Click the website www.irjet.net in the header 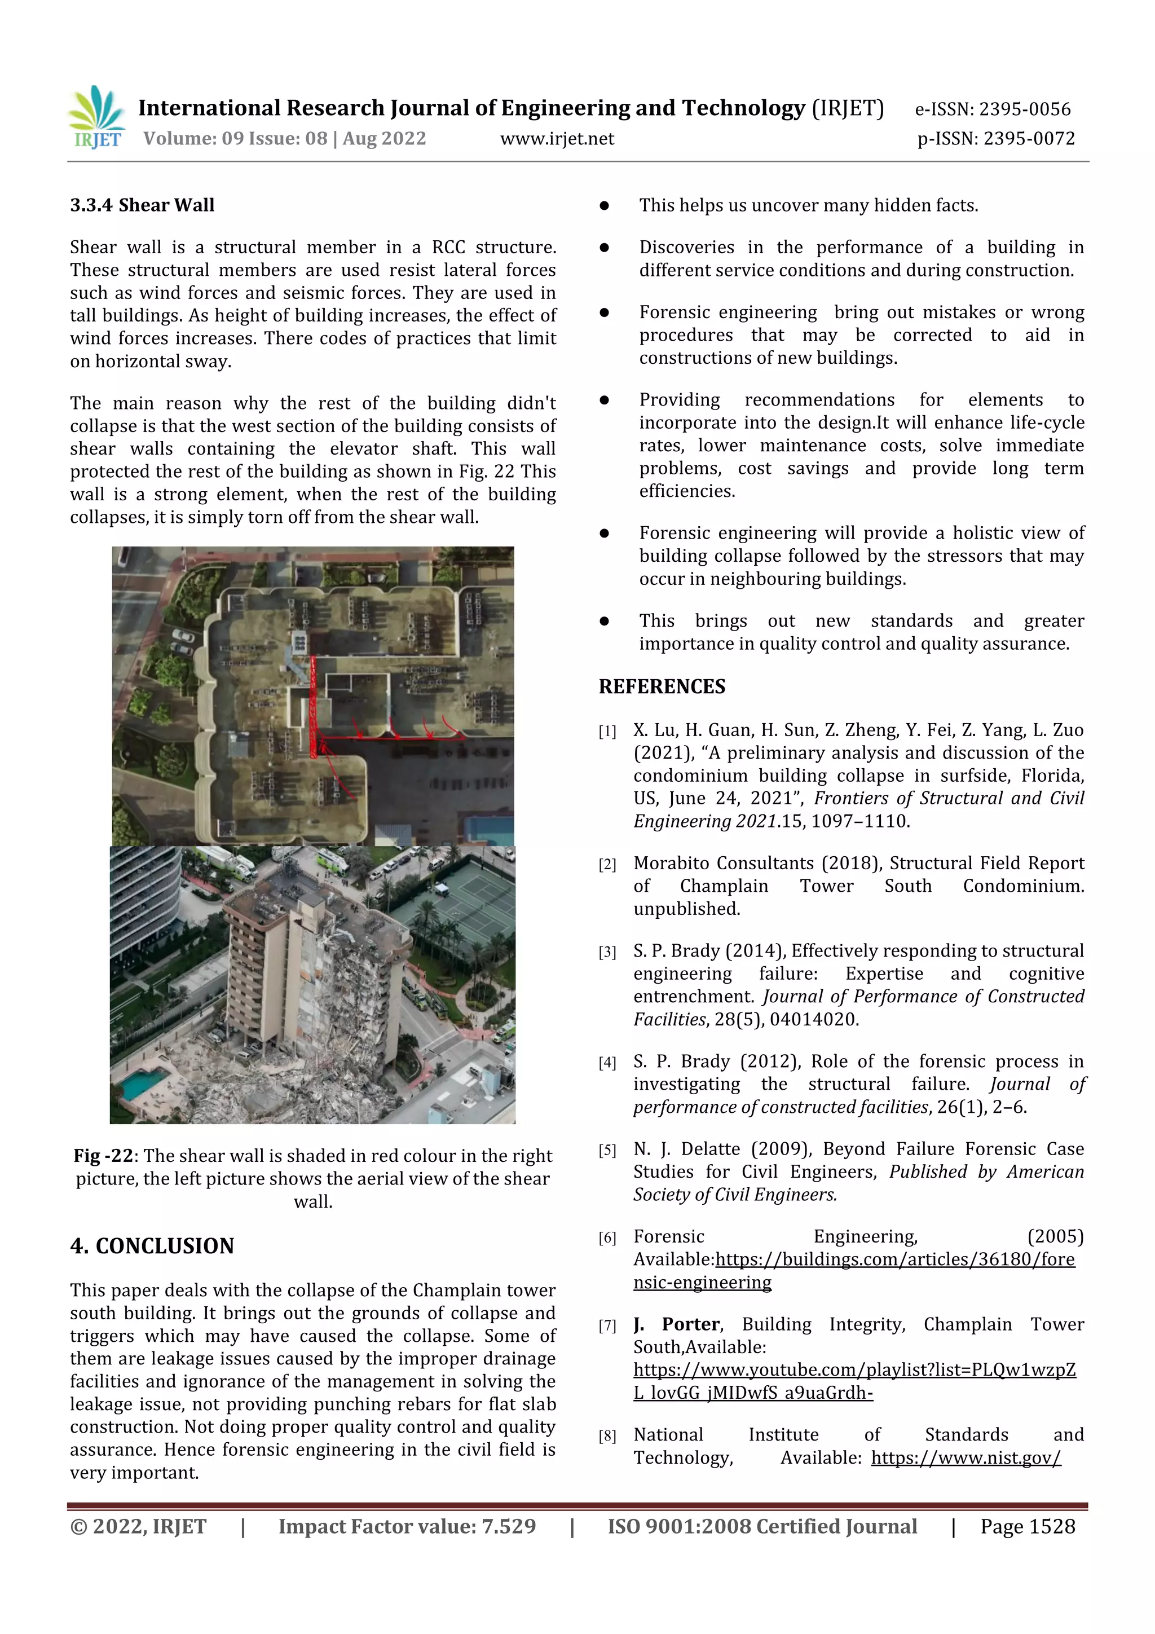pyautogui.click(x=557, y=139)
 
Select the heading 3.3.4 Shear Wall pyautogui.click(x=142, y=206)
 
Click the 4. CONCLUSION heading pyautogui.click(x=152, y=1245)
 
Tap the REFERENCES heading pyautogui.click(x=662, y=687)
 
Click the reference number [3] pyautogui.click(x=607, y=952)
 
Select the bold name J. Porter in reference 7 pyautogui.click(x=676, y=1324)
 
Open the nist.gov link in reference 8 pyautogui.click(x=966, y=1457)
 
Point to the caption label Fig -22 pyautogui.click(x=103, y=1156)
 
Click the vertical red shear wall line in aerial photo pyautogui.click(x=312, y=704)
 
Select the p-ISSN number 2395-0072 pyautogui.click(x=1028, y=139)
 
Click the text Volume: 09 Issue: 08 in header pyautogui.click(x=235, y=139)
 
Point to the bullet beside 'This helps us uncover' pyautogui.click(x=604, y=206)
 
